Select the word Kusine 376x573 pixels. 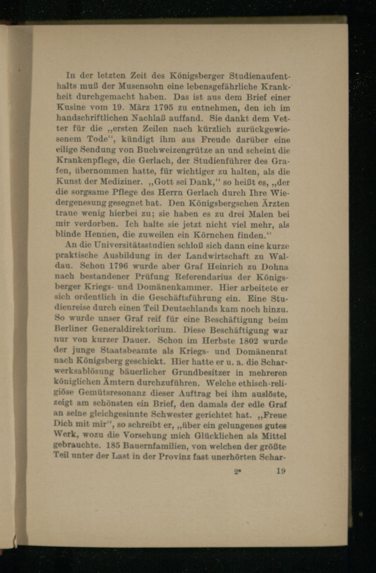pyautogui.click(x=70, y=107)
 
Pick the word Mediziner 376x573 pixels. pyautogui.click(x=121, y=182)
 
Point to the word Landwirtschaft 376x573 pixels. pyautogui.click(x=213, y=256)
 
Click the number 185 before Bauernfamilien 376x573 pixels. pyautogui.click(x=112, y=446)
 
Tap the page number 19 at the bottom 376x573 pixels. pyautogui.click(x=280, y=471)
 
